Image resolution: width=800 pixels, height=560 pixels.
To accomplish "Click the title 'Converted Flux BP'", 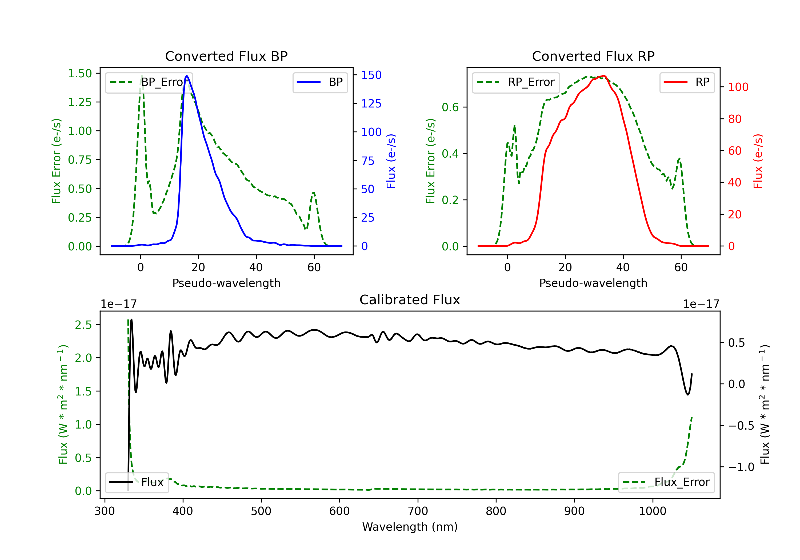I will tap(226, 56).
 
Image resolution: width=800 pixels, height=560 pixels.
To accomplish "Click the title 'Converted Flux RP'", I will tap(593, 56).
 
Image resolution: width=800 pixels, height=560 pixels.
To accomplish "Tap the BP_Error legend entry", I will tap(149, 82).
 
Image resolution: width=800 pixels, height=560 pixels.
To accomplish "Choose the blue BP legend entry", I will tap(320, 82).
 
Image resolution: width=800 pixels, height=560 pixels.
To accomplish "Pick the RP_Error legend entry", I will tap(516, 82).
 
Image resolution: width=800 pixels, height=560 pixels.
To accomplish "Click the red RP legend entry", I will tap(686, 82).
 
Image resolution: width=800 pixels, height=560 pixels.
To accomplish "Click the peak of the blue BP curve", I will tap(187, 76).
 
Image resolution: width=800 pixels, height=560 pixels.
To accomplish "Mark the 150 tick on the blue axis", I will tap(371, 75).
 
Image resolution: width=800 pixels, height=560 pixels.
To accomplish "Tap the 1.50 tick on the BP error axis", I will tap(80, 74).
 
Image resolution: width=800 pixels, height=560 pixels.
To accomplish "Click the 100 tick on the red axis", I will tap(738, 87).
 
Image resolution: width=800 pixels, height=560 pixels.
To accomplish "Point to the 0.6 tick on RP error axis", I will tap(450, 107).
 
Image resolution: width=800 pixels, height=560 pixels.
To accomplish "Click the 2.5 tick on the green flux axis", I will tap(83, 325).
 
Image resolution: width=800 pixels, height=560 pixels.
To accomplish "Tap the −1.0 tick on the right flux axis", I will tap(741, 467).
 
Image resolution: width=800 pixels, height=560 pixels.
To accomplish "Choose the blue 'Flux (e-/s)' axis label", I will tap(391, 161).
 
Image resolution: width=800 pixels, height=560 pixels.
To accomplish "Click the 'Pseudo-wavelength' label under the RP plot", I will tap(593, 283).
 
